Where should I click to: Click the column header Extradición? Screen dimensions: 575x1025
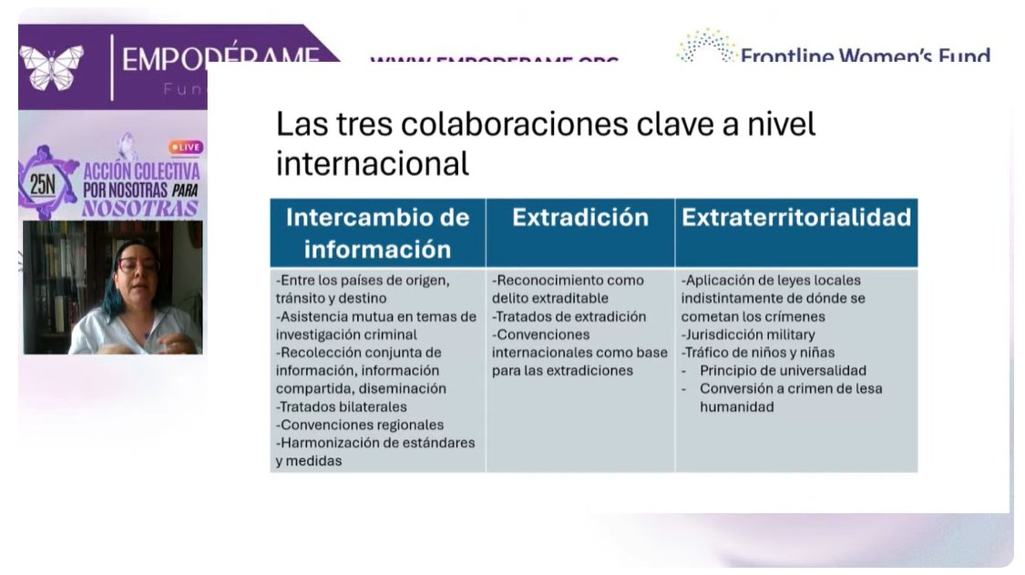pos(579,218)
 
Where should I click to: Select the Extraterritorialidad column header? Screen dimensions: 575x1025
pos(796,218)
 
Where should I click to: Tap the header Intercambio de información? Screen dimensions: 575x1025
pos(377,232)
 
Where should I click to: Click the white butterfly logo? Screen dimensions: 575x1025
pos(52,67)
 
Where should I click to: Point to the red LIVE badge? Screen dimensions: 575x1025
pos(186,147)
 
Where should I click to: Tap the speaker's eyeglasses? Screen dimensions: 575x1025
pos(137,265)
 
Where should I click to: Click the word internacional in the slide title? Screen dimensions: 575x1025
pos(372,164)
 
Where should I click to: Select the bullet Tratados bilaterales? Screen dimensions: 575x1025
pos(343,406)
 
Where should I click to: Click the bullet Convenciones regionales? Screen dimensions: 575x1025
pos(361,425)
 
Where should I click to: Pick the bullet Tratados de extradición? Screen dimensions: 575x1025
pos(570,316)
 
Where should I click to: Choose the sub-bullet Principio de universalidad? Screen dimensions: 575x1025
pos(782,371)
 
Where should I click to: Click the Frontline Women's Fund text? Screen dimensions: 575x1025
pos(865,57)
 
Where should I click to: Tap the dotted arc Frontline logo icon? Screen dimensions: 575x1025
pos(705,46)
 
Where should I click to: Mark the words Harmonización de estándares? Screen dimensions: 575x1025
pos(377,443)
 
